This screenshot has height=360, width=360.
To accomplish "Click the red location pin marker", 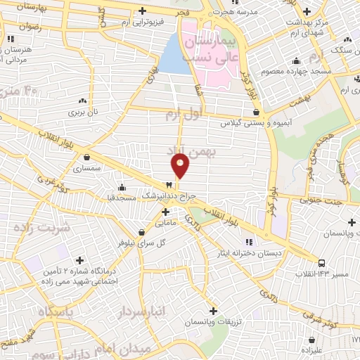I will (181, 165).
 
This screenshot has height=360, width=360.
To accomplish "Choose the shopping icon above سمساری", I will (87, 157).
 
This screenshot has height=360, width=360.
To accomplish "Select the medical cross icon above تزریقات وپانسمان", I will (214, 310).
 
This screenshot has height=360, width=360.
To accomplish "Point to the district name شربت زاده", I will (42, 228).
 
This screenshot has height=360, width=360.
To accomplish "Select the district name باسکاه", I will (48, 311).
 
